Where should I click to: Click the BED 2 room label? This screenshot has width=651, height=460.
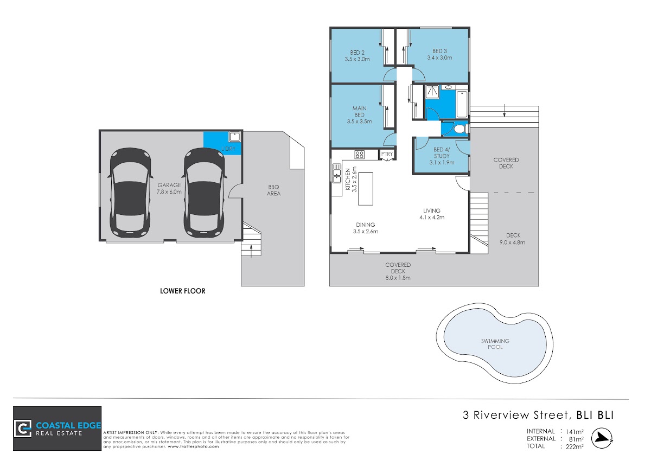tap(357, 53)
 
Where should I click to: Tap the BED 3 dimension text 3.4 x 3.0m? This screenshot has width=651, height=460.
tap(439, 58)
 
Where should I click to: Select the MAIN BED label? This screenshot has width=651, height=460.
tap(359, 111)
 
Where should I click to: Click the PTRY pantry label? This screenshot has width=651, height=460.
tap(387, 154)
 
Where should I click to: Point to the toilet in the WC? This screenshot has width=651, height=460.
tap(460, 129)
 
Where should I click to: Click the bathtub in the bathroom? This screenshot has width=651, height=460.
tap(462, 104)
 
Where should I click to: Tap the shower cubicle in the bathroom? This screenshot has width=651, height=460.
tap(432, 91)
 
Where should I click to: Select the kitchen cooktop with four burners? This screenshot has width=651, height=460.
tap(359, 154)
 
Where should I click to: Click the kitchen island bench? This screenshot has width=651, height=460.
tap(365, 189)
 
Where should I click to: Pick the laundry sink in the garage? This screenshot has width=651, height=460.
tap(234, 137)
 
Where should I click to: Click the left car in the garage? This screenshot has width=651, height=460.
tap(131, 193)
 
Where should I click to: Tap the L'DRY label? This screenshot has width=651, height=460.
tap(228, 149)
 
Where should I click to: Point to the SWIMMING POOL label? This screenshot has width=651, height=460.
tap(495, 344)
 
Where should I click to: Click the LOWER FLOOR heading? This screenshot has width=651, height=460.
tap(182, 291)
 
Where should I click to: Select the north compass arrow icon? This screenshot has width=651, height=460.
tap(602, 438)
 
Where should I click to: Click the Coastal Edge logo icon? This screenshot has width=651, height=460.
tap(23, 429)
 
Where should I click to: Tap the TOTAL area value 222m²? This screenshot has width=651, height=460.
tap(575, 446)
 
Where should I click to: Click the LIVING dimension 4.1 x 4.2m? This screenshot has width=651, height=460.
tap(432, 218)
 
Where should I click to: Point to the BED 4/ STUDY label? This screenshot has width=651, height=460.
tap(442, 153)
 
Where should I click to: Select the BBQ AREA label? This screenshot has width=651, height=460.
tap(273, 190)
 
